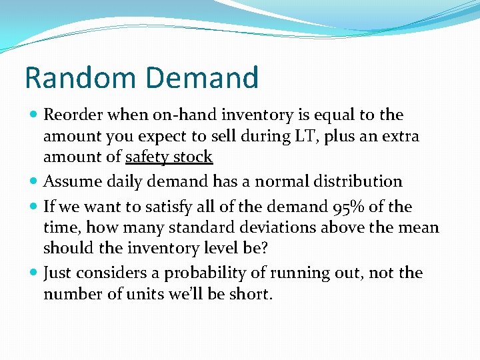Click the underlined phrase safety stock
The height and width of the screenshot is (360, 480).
pyautogui.click(x=169, y=157)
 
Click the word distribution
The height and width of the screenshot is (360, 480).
pyautogui.click(x=360, y=181)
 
